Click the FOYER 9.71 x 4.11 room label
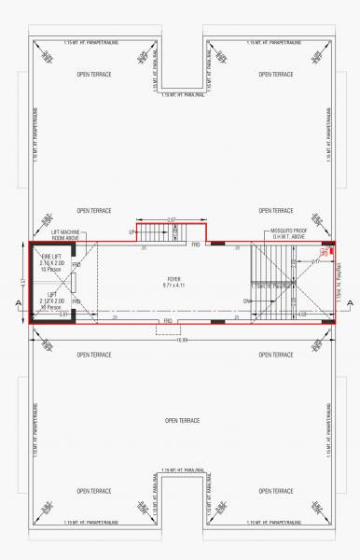pyautogui.click(x=173, y=282)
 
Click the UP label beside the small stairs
pyautogui.click(x=132, y=231)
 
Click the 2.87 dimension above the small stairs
pyautogui.click(x=171, y=219)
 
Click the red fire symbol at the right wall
pyautogui.click(x=326, y=253)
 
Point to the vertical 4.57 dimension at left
pyautogui.click(x=22, y=282)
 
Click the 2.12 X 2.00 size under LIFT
pyautogui.click(x=51, y=301)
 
